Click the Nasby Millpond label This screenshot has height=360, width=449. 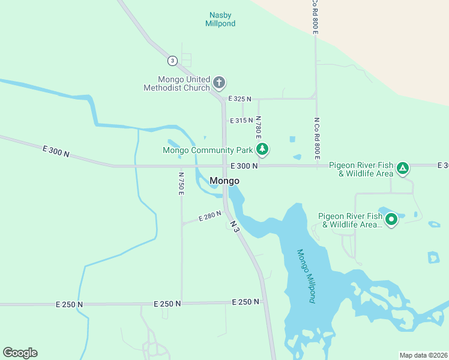221,19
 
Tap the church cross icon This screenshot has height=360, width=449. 219,82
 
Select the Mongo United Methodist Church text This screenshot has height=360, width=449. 176,83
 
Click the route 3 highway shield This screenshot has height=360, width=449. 172,61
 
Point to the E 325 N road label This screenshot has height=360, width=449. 240,98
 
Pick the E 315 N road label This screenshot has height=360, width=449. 242,121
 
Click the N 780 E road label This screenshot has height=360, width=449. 258,128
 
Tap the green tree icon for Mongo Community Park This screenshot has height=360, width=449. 261,149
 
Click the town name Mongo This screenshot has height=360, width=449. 224,181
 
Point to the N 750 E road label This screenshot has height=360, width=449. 181,184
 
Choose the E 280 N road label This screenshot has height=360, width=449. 210,216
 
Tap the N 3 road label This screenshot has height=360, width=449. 235,226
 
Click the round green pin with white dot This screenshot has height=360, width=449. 391,220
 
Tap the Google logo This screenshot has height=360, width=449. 20,353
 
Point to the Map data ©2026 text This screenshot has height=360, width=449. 423,355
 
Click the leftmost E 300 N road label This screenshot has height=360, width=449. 56,151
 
